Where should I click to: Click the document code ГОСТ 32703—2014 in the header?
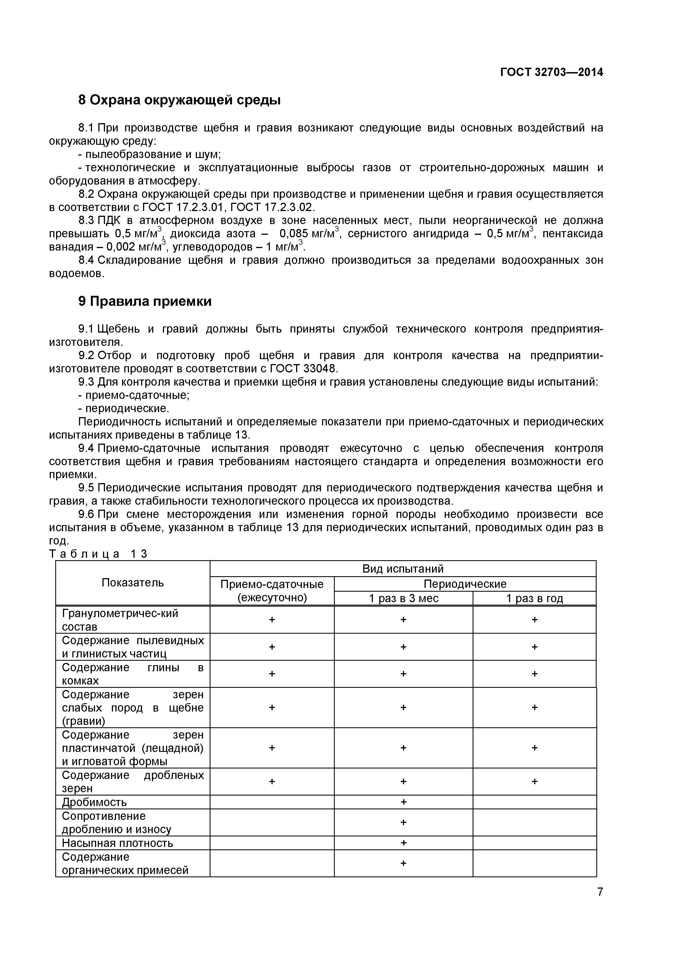point(551,72)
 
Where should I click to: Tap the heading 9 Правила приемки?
point(145,301)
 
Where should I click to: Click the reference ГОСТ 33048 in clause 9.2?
point(304,368)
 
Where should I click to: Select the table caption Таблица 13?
point(98,554)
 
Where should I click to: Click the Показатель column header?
point(133,583)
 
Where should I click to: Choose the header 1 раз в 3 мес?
point(404,599)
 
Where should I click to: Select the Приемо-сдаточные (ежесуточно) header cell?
point(272,591)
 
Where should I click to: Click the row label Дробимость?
point(94,802)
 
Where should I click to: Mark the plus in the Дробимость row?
point(404,801)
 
